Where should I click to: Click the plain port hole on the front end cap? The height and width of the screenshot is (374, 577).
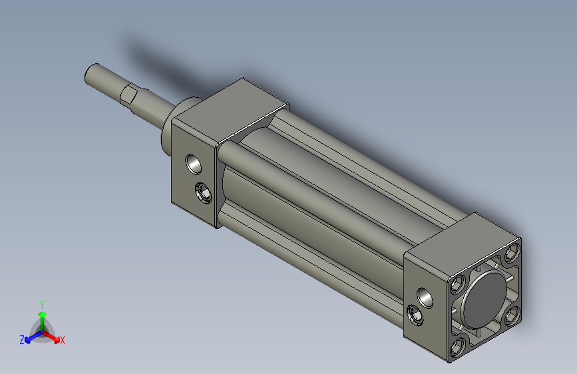(x=194, y=164)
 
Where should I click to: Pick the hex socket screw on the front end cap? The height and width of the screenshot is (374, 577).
(x=203, y=192)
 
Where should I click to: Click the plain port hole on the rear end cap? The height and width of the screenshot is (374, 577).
(x=425, y=297)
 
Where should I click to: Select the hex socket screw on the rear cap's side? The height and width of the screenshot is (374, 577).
(x=416, y=315)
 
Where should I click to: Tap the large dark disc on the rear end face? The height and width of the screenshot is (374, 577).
(x=484, y=299)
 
